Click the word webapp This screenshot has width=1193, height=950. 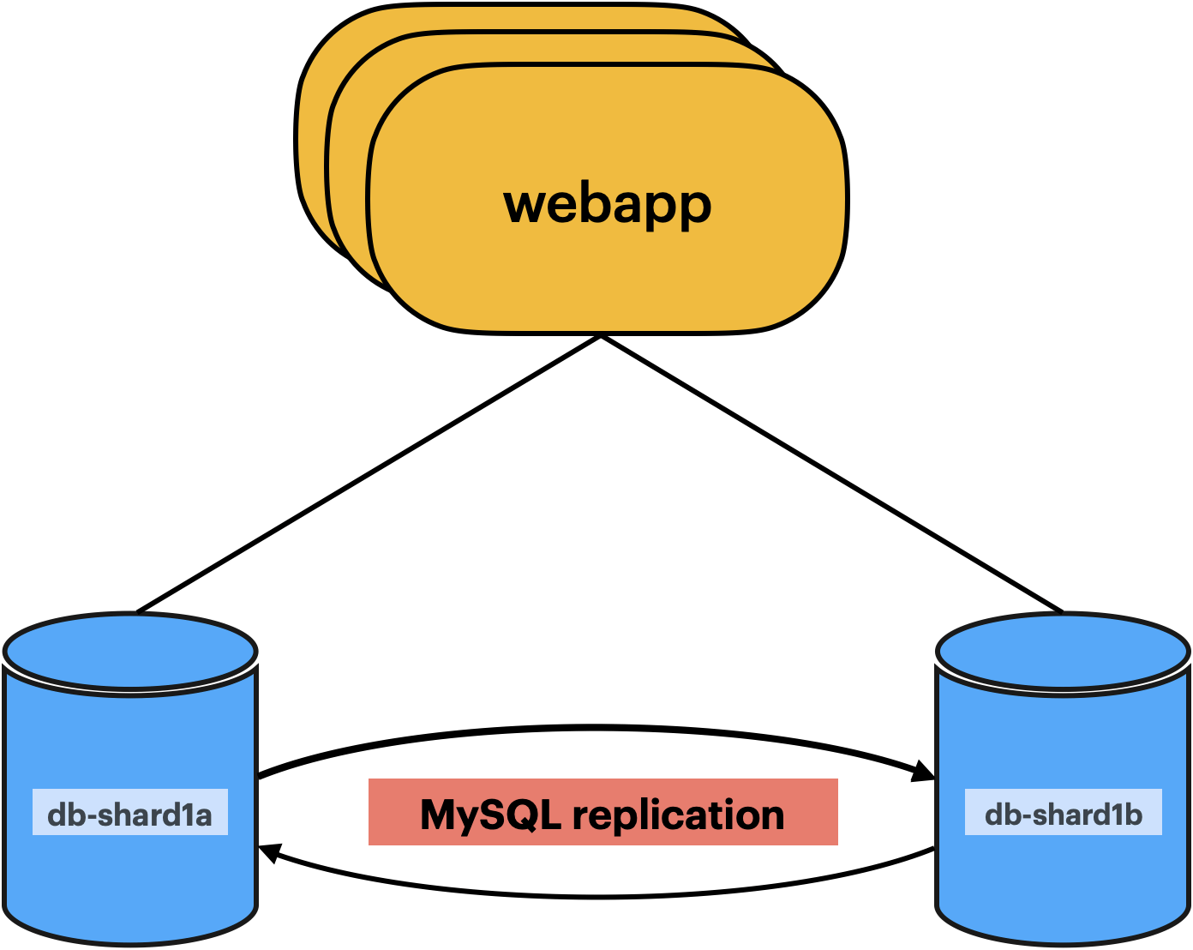click(607, 204)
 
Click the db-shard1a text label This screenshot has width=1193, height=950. click(129, 814)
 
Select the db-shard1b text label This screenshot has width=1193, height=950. click(1063, 814)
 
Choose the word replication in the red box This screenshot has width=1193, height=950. click(678, 815)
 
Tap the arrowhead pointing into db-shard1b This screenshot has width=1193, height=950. click(924, 771)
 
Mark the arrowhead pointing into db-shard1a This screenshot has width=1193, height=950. click(270, 852)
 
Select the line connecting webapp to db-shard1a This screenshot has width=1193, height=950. click(369, 473)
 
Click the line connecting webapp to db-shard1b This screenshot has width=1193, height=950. click(831, 473)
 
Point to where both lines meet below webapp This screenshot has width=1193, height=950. click(602, 337)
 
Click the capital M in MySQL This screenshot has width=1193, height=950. click(439, 815)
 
